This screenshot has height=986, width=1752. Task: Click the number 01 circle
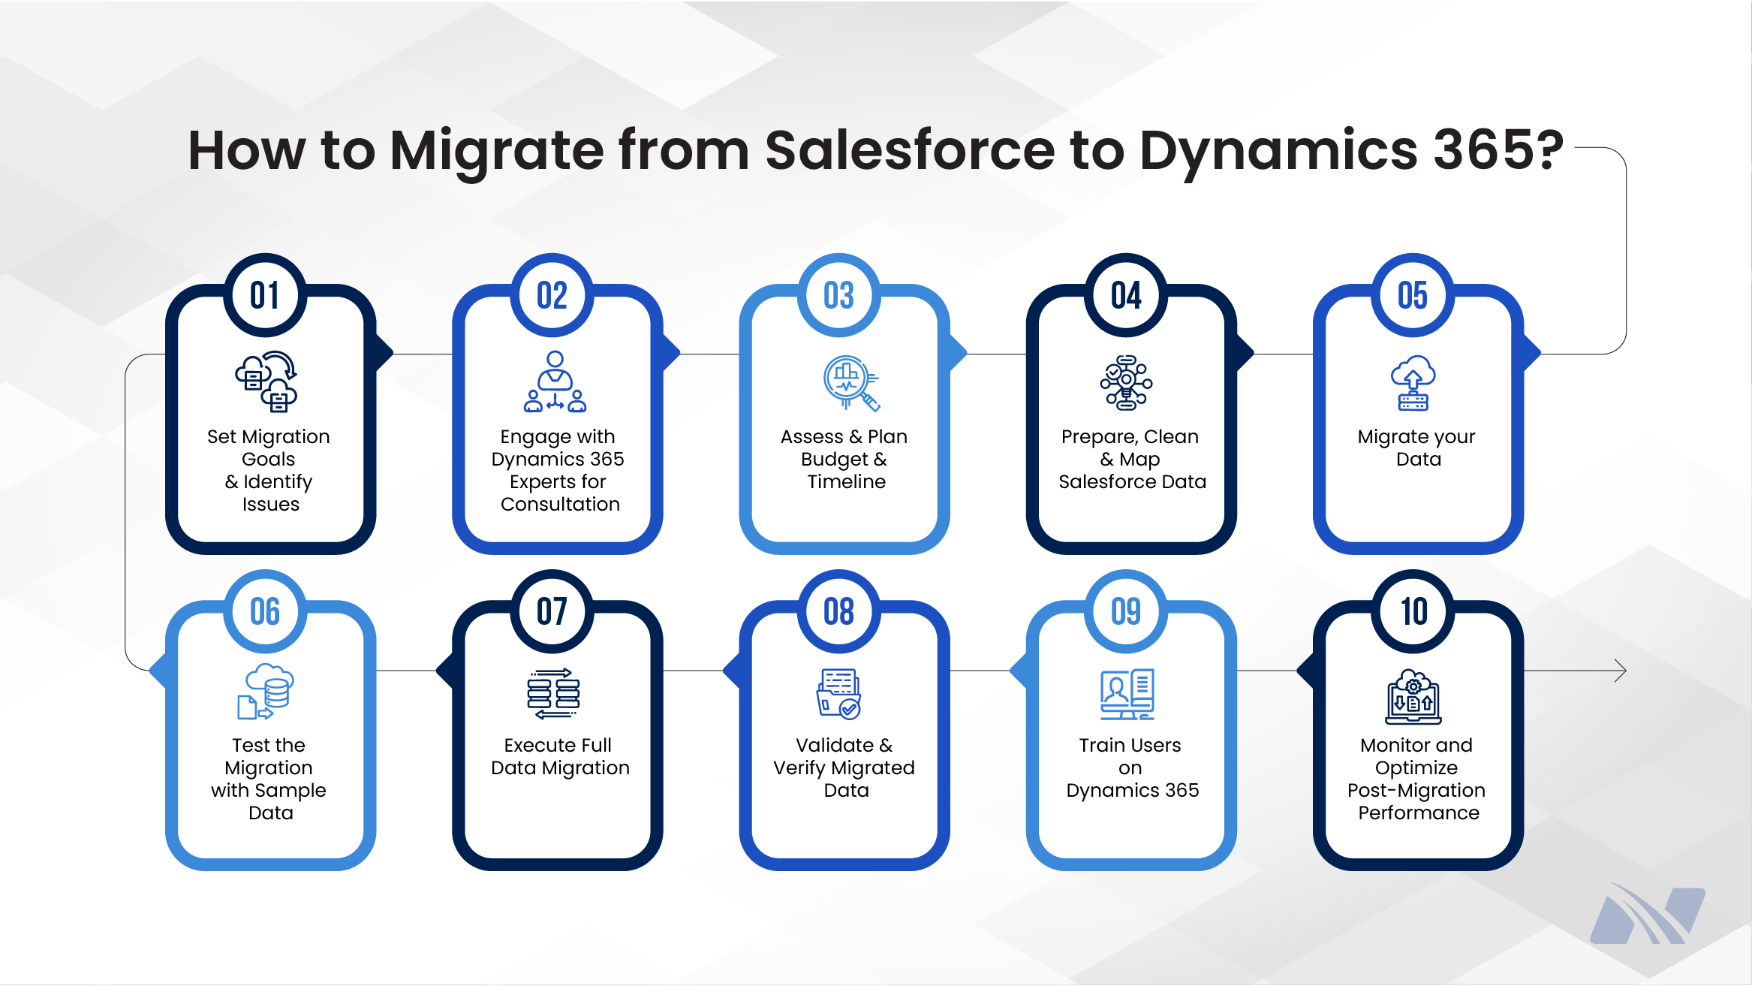coord(265,295)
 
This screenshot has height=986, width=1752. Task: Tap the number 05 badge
coord(1413,295)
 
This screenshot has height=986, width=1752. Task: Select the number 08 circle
coord(838,611)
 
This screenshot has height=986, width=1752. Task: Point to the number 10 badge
coord(1413,611)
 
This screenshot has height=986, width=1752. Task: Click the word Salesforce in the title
coord(910,150)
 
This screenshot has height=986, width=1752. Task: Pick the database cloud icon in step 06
coord(266,692)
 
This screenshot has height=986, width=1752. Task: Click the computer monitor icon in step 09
coord(1127,694)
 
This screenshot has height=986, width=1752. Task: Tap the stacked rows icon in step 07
coord(553,693)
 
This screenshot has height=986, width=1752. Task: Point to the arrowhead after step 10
coord(1620,671)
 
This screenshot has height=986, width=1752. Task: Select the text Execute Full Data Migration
coord(559,756)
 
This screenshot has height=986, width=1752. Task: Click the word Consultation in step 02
coord(560,504)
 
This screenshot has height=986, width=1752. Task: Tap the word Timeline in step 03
coord(846,481)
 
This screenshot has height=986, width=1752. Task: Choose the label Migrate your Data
coord(1416,448)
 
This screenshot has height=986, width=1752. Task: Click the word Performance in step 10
coord(1418,813)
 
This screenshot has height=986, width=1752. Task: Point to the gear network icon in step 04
coord(1126,383)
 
